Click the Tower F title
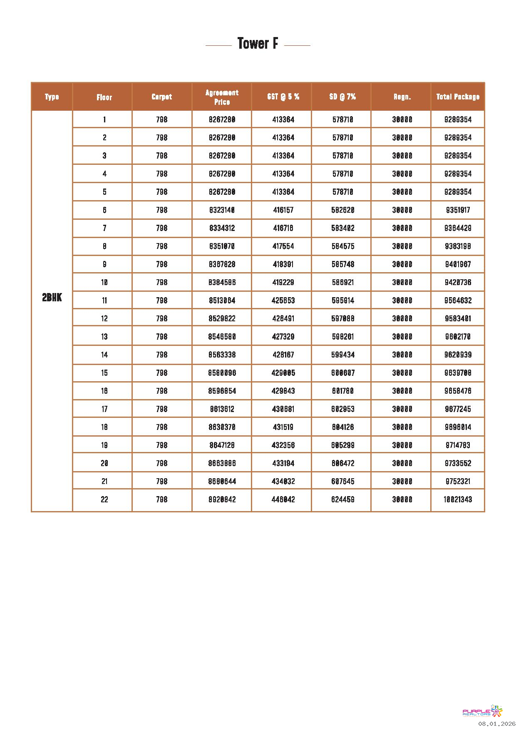coord(258,44)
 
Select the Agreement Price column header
coord(222,97)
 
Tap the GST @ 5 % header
coord(283,97)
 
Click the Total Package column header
coord(458,97)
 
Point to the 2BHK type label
coord(52,298)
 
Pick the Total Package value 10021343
coord(458,499)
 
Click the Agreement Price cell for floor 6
coord(222,210)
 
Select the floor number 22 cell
coord(104,499)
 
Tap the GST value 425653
coord(283,300)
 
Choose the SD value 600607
coord(343,373)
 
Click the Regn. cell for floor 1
coord(402,120)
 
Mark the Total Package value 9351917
coord(458,210)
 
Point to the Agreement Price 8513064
coord(222,300)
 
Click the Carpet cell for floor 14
coord(161,355)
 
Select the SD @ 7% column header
coord(342,97)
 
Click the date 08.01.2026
coord(496,724)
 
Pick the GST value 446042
coord(283,499)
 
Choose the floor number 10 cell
coord(104,283)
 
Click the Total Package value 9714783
coord(458,445)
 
